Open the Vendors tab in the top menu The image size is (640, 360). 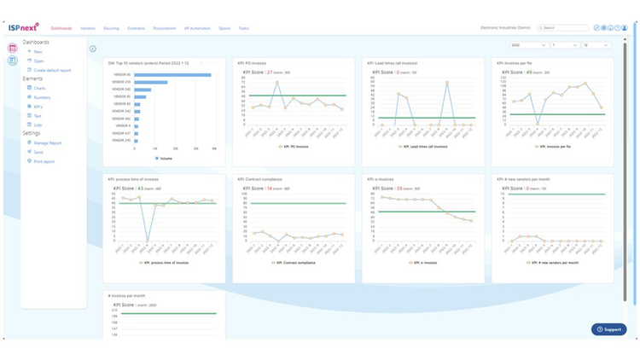[88, 28]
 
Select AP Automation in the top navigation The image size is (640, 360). [196, 28]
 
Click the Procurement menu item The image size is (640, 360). [164, 28]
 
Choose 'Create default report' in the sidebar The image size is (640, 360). [52, 70]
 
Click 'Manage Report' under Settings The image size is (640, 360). [48, 143]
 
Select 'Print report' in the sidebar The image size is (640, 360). [44, 160]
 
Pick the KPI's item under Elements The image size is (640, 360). [39, 107]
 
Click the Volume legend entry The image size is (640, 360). [163, 158]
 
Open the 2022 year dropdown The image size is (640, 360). [527, 44]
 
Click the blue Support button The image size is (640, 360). [609, 328]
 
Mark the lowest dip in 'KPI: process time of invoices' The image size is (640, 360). [148, 241]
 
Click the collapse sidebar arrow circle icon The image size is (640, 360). [92, 49]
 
